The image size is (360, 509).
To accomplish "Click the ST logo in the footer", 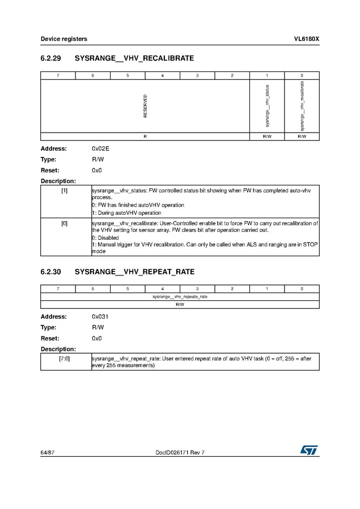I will [x=310, y=449].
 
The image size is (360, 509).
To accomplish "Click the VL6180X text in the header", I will [x=306, y=39].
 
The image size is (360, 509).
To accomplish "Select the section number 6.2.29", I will [x=52, y=58].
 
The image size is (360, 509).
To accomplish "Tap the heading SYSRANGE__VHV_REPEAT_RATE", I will [x=135, y=272].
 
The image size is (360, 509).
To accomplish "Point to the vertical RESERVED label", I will [x=145, y=106].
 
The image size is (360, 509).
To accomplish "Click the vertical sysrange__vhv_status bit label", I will [x=267, y=106].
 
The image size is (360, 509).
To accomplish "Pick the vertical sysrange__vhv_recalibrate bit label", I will [x=302, y=106].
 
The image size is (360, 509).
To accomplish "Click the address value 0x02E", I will [x=100, y=149].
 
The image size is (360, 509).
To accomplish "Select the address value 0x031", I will [x=100, y=317].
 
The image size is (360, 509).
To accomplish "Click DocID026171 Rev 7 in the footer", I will [x=180, y=452].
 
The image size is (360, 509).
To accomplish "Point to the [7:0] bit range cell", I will [x=65, y=359].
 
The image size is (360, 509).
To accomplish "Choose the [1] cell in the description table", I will [x=65, y=191].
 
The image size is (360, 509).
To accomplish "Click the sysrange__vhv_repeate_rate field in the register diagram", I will [x=180, y=296].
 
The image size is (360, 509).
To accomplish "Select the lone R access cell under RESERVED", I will [x=145, y=137].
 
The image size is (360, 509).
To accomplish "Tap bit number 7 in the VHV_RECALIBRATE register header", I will [x=58, y=75].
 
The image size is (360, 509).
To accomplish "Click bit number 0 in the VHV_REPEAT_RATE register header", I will [x=302, y=289].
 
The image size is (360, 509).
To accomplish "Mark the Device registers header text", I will [x=63, y=39].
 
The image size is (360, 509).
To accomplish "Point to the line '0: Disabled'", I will [x=105, y=238].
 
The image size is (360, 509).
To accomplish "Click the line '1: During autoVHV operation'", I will [x=126, y=213].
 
